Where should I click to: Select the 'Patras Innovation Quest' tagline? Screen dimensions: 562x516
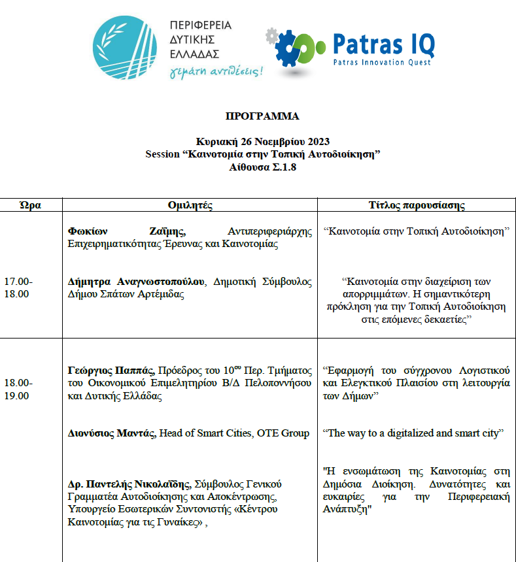382,63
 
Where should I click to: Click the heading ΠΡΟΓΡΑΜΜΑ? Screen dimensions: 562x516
262,116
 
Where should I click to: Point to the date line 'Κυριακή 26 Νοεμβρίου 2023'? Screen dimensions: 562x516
263,142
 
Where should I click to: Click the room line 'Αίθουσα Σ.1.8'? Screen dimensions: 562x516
263,167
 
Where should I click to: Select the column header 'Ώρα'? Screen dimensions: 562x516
31,205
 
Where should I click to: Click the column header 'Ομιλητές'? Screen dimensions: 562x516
190,205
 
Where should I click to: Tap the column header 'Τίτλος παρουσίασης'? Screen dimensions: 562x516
417,205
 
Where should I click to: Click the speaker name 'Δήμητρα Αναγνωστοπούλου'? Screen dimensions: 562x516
135,282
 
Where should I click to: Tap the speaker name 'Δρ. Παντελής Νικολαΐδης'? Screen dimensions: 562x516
128,484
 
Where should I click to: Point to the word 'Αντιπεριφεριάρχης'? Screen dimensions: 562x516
269,231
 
